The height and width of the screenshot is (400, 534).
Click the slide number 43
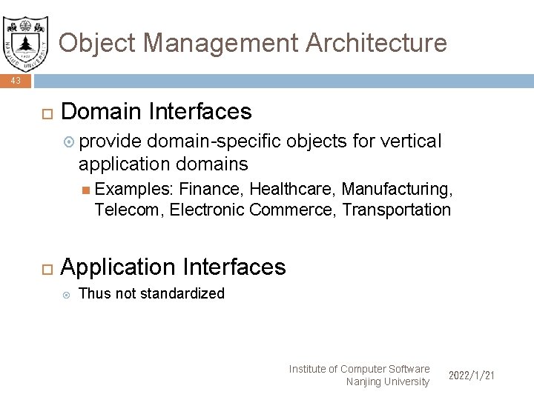pos(16,81)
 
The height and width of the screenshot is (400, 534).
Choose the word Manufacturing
pos(395,190)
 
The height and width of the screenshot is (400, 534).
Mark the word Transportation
pos(396,210)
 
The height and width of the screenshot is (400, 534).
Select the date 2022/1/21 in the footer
pos(471,376)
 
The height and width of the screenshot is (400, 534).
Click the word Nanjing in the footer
pos(364,381)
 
